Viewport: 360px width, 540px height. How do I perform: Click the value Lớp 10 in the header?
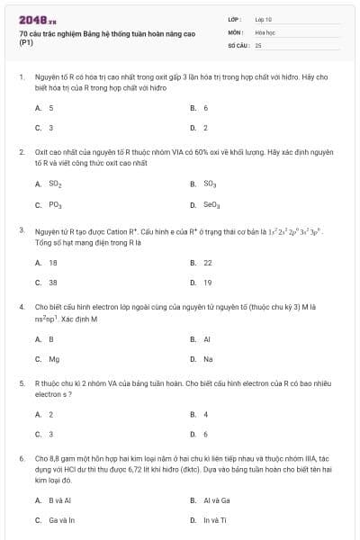coord(264,19)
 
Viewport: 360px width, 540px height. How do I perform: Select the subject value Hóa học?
coord(265,31)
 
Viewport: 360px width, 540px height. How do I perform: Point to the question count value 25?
coord(259,44)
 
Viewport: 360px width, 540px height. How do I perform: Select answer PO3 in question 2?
coord(55,204)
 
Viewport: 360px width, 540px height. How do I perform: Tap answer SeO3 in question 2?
coord(212,204)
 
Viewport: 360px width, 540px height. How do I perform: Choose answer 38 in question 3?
coord(53,283)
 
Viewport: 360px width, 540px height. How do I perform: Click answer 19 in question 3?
coord(208,283)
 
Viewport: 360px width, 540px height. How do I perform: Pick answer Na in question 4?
coord(208,359)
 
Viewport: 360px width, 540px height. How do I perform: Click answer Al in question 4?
coord(207,339)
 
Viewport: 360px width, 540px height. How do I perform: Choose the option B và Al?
coord(59,499)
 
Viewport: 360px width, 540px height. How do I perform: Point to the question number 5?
coord(21,383)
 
